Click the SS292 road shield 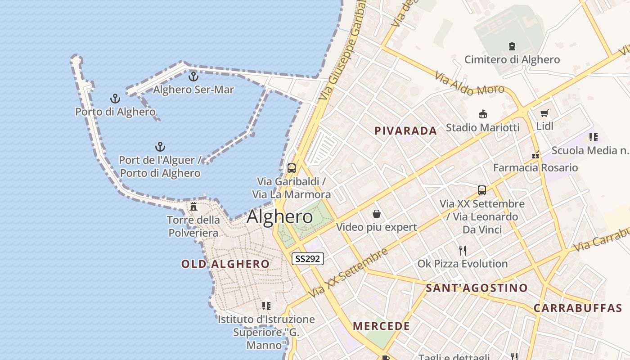pos(308,259)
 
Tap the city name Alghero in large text pos(279,217)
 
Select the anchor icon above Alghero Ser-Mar pos(193,76)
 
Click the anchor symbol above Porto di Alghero pos(116,99)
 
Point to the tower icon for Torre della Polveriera pos(193,207)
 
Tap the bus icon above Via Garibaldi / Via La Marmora pos(292,168)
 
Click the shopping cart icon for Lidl pos(544,113)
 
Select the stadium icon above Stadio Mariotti pos(483,114)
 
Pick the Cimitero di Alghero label pos(512,59)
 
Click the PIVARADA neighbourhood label pos(406,131)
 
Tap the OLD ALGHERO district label pos(225,264)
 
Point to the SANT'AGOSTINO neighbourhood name pos(477,288)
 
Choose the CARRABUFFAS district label pos(578,309)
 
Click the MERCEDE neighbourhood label pos(381,326)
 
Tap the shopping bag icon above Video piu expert pos(376,214)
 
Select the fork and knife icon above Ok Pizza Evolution pos(463,250)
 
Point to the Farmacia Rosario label pos(535,168)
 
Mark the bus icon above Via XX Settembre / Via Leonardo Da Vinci pos(482,190)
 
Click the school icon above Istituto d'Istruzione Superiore pos(266,306)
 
